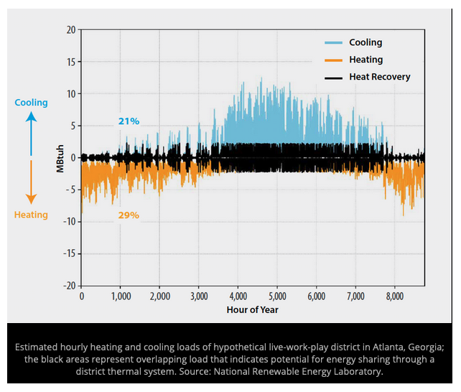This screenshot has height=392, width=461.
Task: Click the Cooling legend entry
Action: (x=365, y=43)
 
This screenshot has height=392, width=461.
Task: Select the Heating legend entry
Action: (x=365, y=60)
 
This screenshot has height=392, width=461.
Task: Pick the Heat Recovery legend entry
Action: (x=379, y=77)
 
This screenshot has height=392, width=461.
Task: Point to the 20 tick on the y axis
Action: (x=70, y=29)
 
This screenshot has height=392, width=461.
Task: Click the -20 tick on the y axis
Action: (x=68, y=286)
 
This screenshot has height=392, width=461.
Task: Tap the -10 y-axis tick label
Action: (x=68, y=222)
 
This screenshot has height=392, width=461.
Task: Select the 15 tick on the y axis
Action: (x=70, y=62)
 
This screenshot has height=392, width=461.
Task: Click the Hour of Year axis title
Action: (x=252, y=309)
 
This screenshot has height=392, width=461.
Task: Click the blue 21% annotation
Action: (x=129, y=121)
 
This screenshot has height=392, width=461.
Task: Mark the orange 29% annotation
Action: (x=129, y=215)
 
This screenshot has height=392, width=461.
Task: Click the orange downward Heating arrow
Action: (x=31, y=183)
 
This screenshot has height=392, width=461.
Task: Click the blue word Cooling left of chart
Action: (x=31, y=103)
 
